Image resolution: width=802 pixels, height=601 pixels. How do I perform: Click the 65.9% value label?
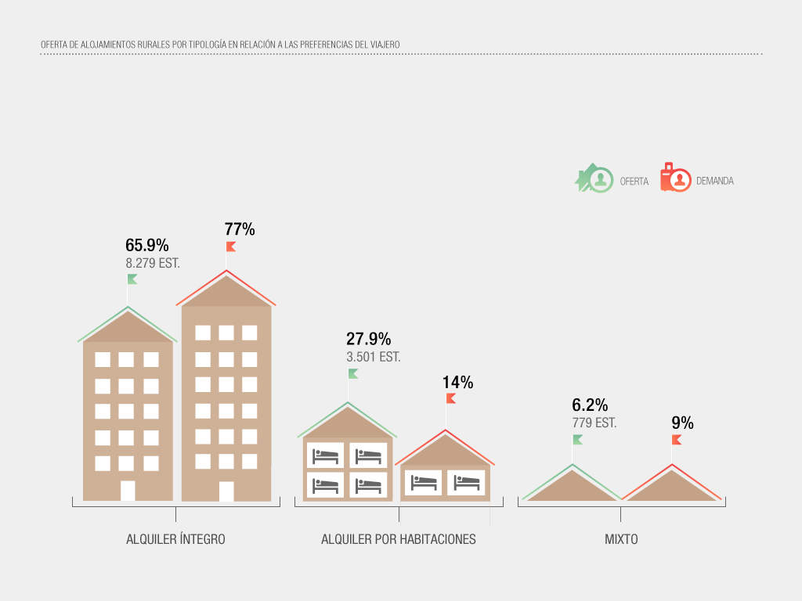(x=146, y=246)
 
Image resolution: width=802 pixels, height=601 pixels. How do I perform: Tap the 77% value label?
(x=240, y=229)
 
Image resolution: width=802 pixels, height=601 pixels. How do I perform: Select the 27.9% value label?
(x=368, y=339)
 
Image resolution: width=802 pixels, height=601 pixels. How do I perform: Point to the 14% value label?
(x=457, y=383)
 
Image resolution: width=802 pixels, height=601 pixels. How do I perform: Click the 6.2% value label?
(x=590, y=405)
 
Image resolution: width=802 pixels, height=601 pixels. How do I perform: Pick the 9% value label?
(x=682, y=423)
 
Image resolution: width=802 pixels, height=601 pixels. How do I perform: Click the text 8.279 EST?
(x=153, y=264)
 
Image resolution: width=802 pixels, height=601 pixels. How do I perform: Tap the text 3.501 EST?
(x=374, y=357)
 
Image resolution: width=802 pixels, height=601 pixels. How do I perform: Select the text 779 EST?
(x=594, y=423)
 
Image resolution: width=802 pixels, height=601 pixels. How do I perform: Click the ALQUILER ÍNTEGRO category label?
(x=175, y=539)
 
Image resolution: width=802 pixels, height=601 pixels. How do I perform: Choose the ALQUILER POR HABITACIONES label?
(x=399, y=539)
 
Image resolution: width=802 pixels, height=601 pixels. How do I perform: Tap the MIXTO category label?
(x=621, y=539)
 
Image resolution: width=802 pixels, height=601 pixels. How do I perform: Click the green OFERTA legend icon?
(x=594, y=179)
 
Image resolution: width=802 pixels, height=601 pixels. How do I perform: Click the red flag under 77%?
(x=231, y=247)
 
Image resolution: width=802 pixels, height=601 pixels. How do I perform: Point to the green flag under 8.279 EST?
(x=132, y=279)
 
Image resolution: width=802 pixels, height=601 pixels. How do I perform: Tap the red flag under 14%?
(x=450, y=398)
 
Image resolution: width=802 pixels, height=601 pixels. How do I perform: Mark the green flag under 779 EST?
(x=577, y=439)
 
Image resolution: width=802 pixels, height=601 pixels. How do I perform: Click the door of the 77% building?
(x=226, y=491)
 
